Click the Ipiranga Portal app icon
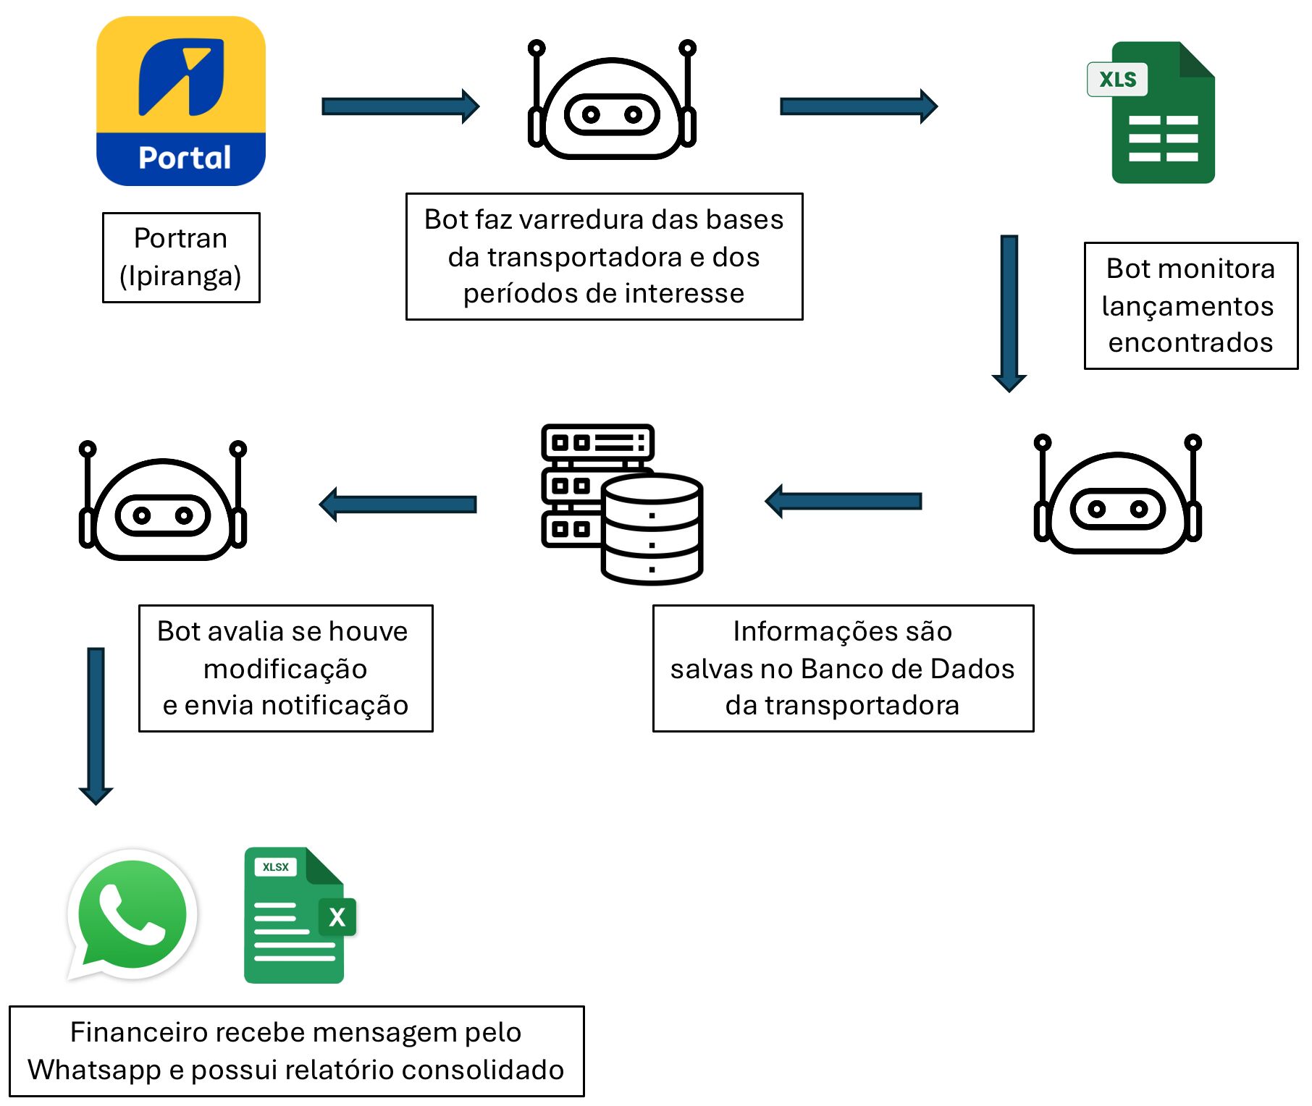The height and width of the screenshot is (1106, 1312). [181, 101]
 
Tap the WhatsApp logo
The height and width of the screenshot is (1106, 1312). [133, 913]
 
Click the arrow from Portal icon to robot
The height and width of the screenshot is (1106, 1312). [400, 107]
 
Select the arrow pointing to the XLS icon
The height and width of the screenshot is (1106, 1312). [858, 107]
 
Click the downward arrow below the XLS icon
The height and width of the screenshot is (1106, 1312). [1009, 312]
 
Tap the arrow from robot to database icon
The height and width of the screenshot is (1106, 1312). [844, 502]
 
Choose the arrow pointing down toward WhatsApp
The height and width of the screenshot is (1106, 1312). [96, 725]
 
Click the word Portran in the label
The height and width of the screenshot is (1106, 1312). [181, 238]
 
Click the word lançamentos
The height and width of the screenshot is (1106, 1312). [1187, 306]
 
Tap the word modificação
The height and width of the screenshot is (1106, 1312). [285, 669]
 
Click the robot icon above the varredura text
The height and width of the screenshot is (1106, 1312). [612, 101]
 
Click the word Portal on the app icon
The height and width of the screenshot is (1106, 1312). [185, 158]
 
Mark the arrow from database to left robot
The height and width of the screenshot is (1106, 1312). [398, 505]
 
